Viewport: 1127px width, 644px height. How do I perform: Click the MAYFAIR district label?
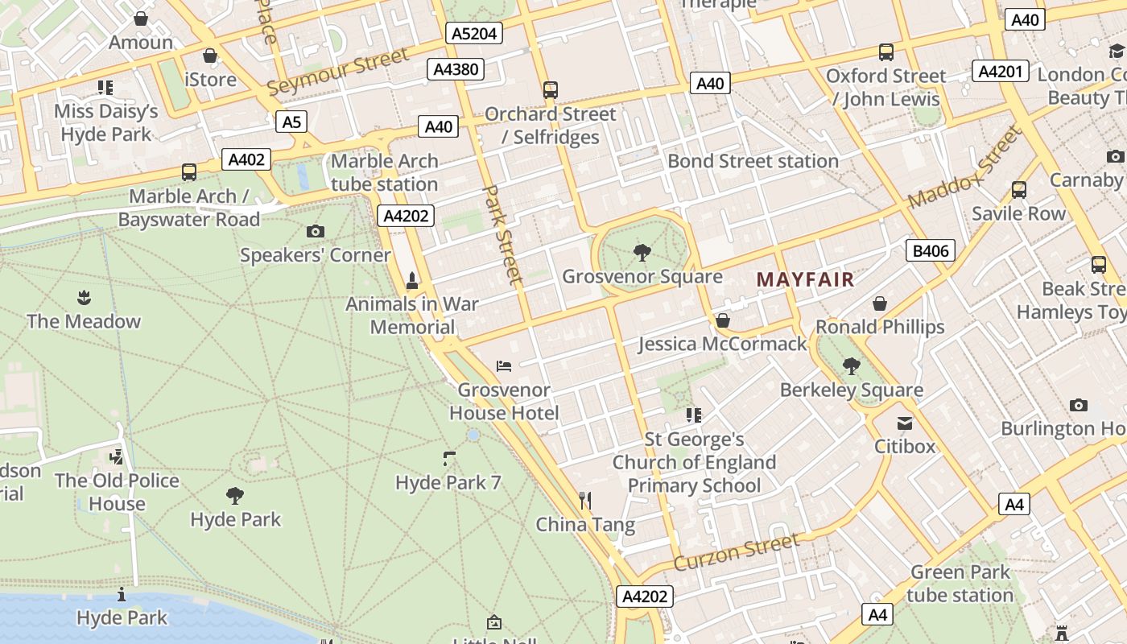[805, 279]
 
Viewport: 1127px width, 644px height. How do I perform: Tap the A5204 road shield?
[474, 33]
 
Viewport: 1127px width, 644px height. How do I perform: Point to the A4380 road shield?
[456, 69]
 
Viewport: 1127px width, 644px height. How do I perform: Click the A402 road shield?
[246, 159]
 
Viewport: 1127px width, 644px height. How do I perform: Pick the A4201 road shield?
[1001, 71]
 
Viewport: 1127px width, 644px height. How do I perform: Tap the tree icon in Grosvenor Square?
[642, 253]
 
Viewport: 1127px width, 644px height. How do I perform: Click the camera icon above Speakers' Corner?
[316, 232]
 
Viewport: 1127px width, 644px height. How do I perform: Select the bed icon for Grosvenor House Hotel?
[504, 366]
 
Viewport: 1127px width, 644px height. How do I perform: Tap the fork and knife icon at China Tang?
[585, 501]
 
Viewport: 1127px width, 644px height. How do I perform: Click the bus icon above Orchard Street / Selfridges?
[551, 90]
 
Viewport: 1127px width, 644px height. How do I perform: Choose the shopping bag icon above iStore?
[210, 56]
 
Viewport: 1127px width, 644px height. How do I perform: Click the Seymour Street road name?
[338, 72]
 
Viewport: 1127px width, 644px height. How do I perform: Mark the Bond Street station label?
[753, 161]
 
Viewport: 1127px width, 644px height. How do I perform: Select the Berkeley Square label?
[851, 390]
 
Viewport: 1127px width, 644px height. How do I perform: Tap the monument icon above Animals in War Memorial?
[412, 280]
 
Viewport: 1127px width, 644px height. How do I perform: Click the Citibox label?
[906, 446]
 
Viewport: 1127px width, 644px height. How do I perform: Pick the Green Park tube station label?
[960, 584]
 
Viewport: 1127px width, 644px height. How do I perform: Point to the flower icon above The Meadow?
[84, 298]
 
